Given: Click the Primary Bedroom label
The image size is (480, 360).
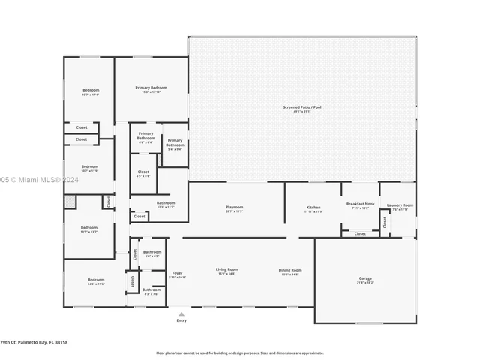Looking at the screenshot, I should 151,88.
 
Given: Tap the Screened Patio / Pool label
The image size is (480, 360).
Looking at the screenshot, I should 301,107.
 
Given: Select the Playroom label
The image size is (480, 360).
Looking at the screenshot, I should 235,207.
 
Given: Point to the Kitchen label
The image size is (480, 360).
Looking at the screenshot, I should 313,207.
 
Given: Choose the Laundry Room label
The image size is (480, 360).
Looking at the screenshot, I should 400,205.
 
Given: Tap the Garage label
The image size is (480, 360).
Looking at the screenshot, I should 365,278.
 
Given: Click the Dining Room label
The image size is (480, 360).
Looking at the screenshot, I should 290,270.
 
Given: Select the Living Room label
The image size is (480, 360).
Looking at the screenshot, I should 226,269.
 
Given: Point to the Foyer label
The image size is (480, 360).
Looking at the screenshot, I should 177,273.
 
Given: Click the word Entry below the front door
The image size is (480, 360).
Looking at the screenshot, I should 181,320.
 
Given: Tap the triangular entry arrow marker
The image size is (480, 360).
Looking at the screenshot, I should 181,313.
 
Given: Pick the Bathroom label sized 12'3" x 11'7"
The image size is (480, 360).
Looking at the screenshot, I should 166,202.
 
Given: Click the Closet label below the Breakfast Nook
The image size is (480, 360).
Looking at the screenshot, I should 360,233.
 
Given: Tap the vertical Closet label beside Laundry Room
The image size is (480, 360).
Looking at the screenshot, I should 385,222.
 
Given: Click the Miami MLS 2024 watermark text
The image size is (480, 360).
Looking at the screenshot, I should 34,180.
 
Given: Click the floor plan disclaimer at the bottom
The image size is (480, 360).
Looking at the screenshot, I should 239,352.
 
